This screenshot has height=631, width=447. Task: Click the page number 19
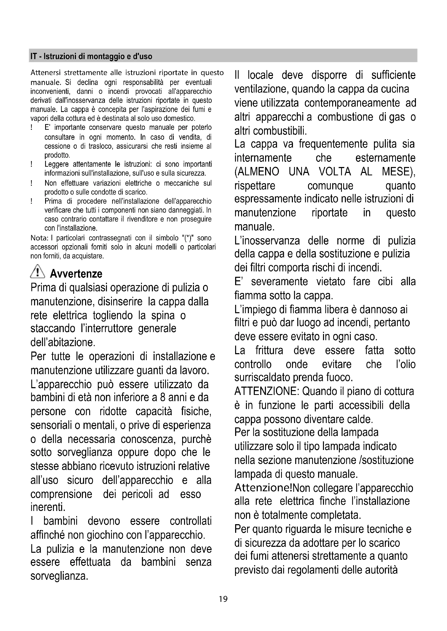coord(223,599)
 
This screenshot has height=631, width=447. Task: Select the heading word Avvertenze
coord(76,274)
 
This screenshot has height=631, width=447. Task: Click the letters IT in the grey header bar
coord(33,56)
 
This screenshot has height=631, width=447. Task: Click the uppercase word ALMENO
coord(257,172)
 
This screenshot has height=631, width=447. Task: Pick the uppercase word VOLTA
coord(335,172)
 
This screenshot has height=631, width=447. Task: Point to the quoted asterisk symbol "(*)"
coord(188,238)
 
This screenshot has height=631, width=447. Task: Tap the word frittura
coord(269,350)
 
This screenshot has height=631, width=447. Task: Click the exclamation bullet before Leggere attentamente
coord(32,164)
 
